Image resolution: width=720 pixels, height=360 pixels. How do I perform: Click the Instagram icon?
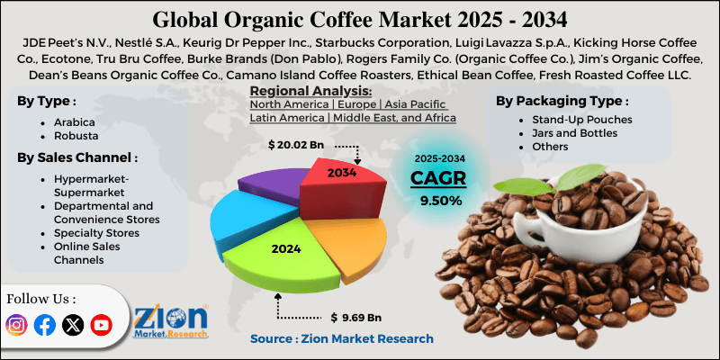click(x=17, y=325)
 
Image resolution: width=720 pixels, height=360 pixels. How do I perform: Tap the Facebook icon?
click(x=44, y=325)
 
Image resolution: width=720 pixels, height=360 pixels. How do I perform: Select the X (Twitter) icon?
click(x=73, y=325)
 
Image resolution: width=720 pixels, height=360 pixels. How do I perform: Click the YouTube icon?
click(x=101, y=325)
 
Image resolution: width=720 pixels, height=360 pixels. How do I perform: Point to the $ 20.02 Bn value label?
click(x=298, y=143)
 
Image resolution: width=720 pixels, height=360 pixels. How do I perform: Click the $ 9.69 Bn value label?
click(x=355, y=318)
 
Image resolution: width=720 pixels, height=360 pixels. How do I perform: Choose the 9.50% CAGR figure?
click(x=437, y=199)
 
